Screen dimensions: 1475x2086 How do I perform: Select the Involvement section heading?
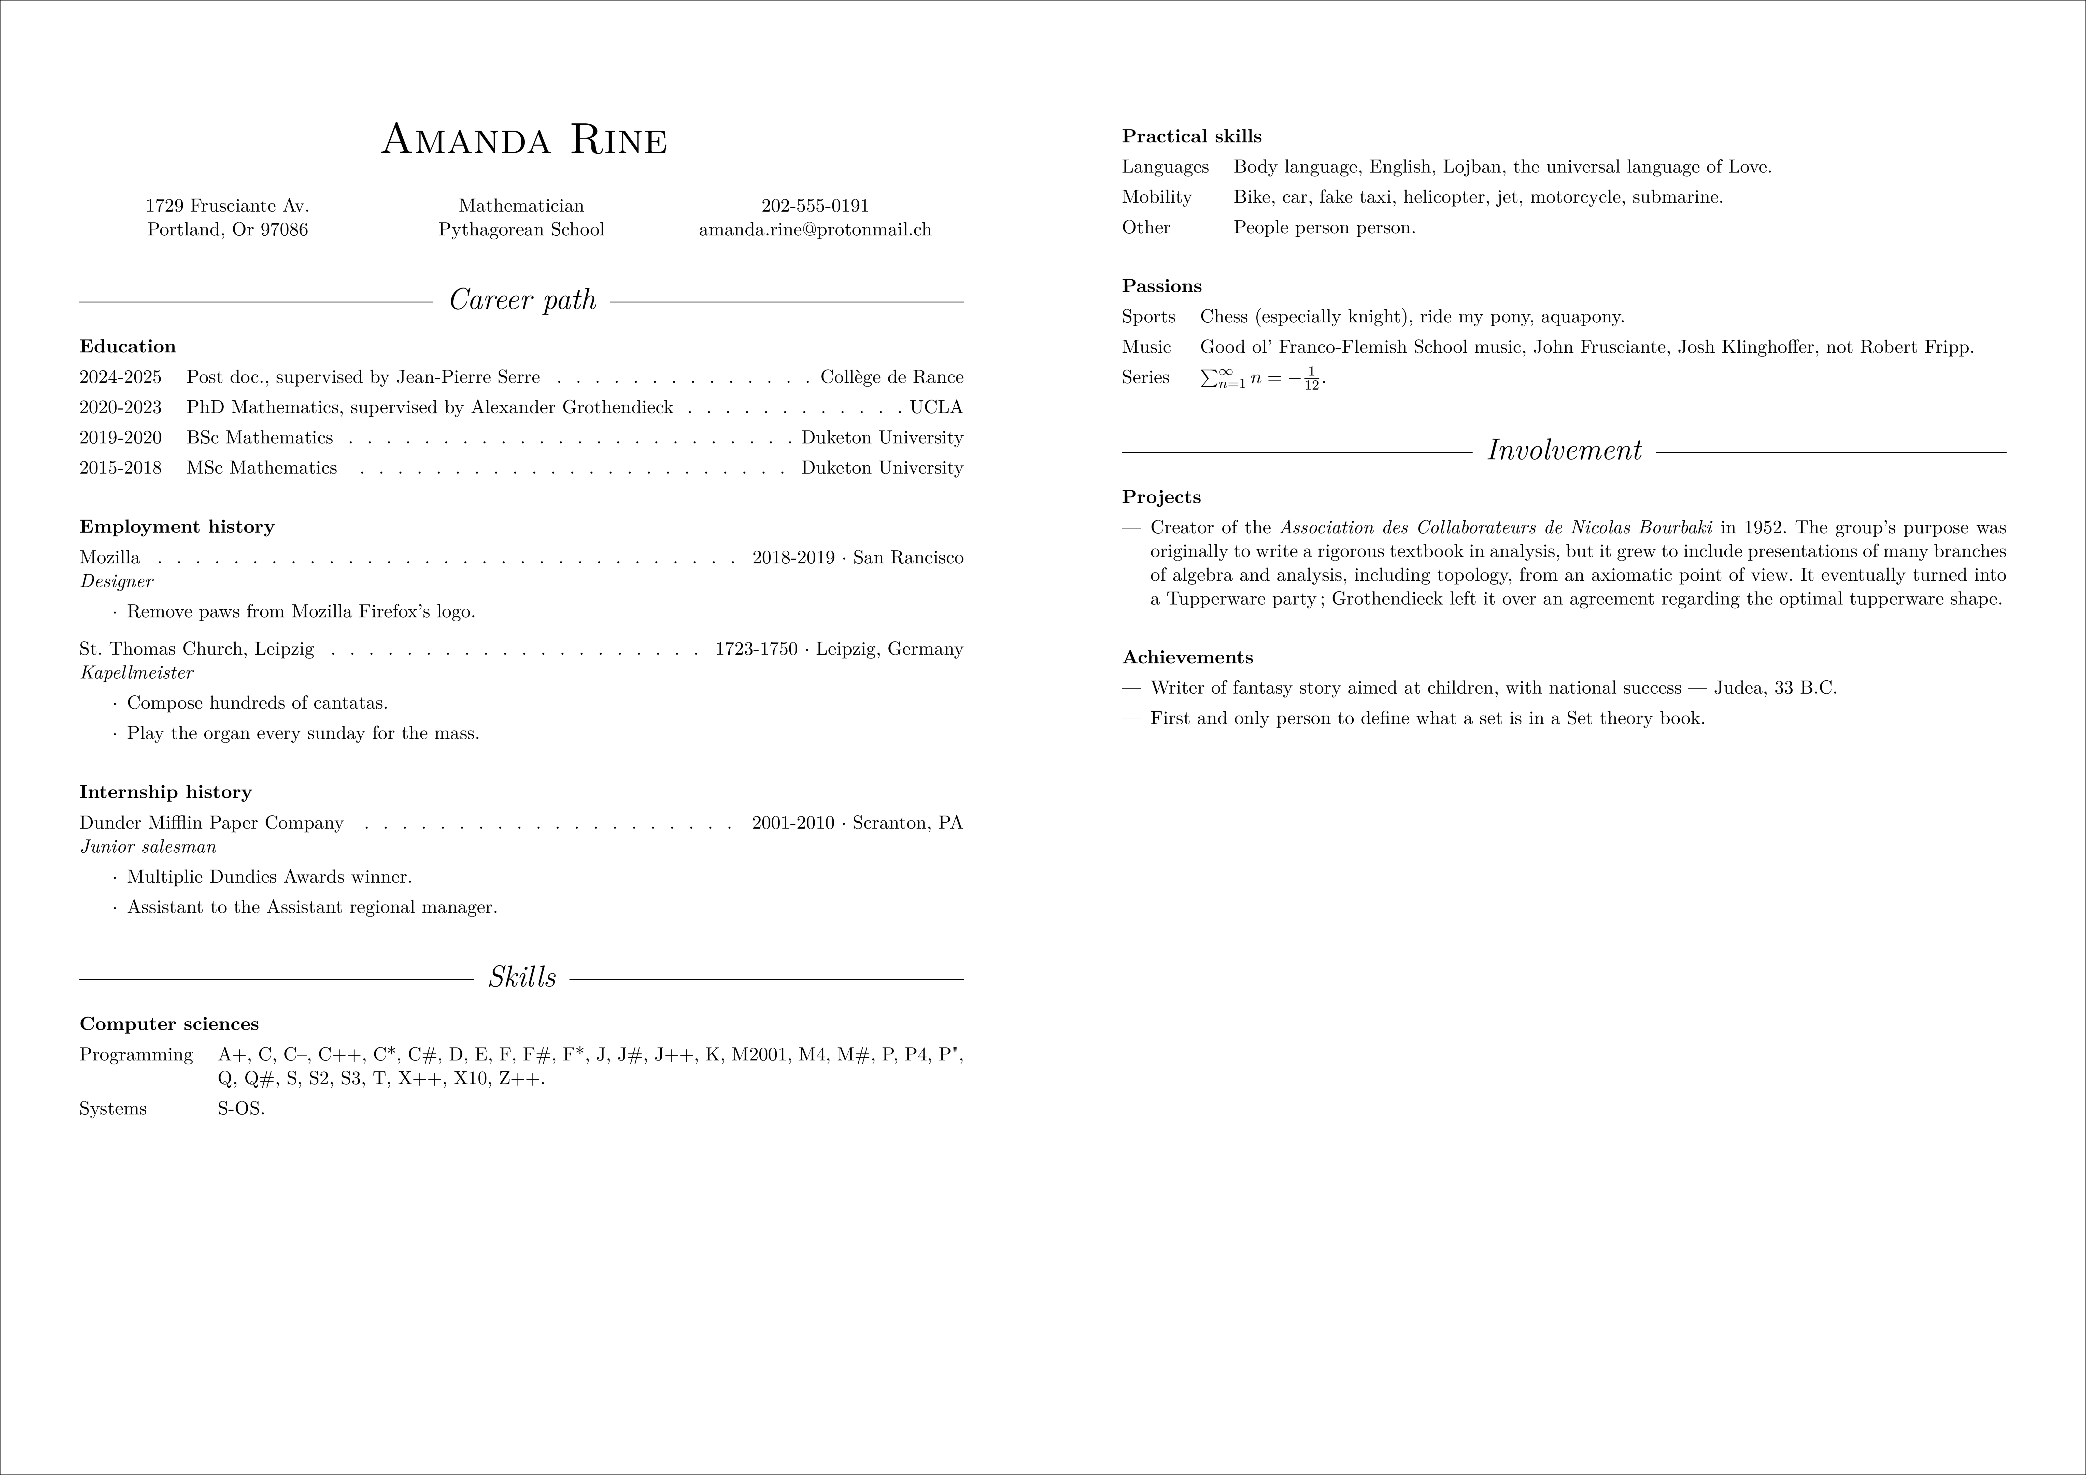(x=1564, y=451)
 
